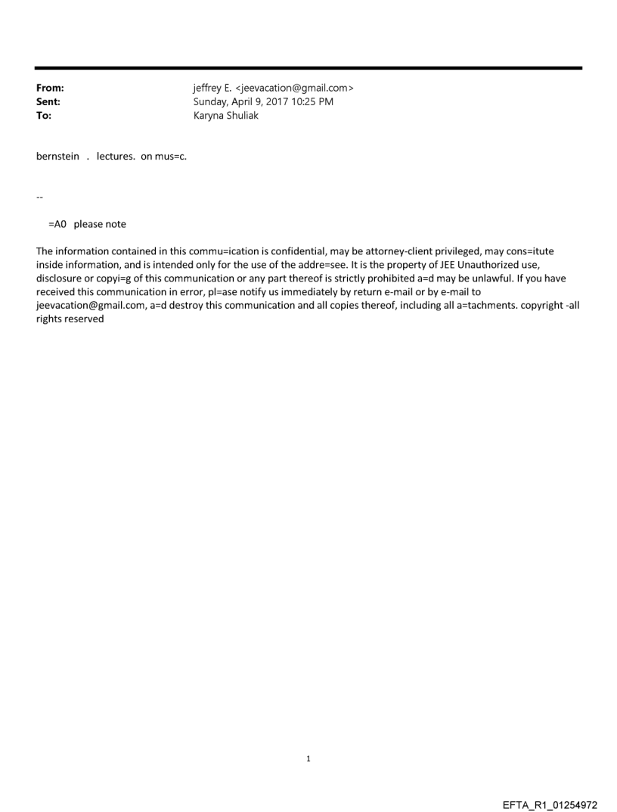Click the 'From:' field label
point(50,89)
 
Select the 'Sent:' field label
point(48,102)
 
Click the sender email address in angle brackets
point(297,89)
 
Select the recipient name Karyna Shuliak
point(226,116)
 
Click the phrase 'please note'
point(100,224)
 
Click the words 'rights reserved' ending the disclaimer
point(70,319)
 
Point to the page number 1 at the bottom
point(308,758)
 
